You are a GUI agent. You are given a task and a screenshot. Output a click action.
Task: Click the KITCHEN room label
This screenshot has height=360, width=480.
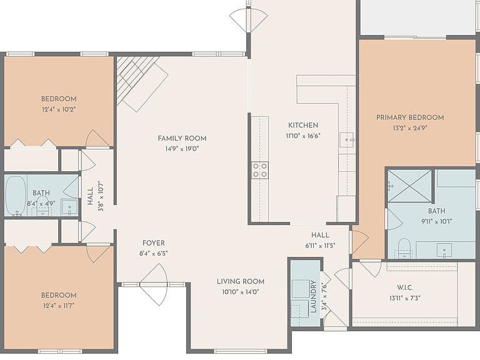coord(303,125)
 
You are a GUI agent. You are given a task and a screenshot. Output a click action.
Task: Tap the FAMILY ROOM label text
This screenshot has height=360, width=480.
coord(182,138)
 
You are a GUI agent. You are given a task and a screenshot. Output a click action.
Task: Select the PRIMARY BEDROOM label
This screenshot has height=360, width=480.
coord(410,117)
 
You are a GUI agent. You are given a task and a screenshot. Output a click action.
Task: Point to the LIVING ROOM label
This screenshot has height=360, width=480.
coord(241,281)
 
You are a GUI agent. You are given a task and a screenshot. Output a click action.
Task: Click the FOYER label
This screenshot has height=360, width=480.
coord(154,243)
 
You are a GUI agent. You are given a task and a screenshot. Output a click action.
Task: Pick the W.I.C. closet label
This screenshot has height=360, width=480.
coord(405,287)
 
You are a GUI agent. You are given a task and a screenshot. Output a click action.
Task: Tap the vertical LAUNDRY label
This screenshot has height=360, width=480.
coord(313,297)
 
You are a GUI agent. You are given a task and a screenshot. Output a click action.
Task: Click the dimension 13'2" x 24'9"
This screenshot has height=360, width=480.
coord(410,128)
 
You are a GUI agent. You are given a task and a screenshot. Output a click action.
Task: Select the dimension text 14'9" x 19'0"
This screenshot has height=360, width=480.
coord(182,149)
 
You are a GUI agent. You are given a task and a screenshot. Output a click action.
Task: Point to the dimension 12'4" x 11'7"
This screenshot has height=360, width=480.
coord(59,306)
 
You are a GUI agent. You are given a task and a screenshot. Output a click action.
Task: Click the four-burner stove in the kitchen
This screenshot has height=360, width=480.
coord(260,171)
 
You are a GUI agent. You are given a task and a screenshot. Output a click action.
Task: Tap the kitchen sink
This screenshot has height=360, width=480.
coord(347,140)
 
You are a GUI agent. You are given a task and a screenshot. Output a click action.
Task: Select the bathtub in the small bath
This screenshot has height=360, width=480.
coord(16,195)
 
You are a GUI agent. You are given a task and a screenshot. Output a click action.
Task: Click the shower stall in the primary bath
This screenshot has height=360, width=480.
coord(409,186)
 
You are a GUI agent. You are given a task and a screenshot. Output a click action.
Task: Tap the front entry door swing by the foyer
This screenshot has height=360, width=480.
coord(154,285)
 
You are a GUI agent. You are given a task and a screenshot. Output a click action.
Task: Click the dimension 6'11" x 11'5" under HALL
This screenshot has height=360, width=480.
coord(320,246)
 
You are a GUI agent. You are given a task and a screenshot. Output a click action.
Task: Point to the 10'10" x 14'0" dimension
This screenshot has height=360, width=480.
coord(241,292)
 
